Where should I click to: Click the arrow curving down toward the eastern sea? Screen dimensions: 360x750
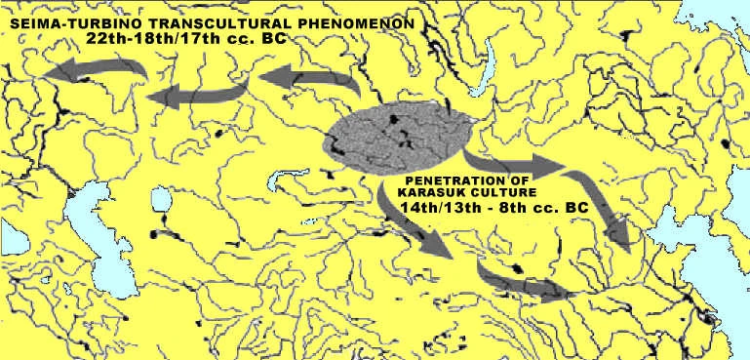605,210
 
